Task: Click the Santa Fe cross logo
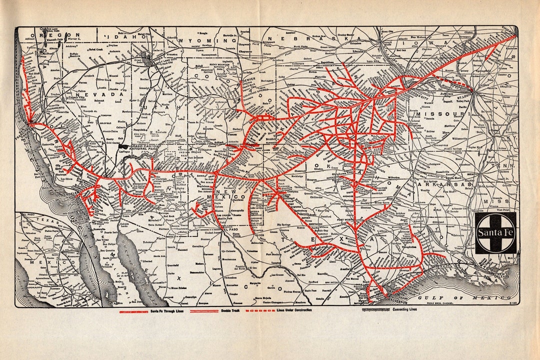(x=495, y=232)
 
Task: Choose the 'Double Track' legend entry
(x=232, y=311)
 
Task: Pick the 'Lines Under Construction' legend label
(x=294, y=311)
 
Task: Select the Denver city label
(x=248, y=79)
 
